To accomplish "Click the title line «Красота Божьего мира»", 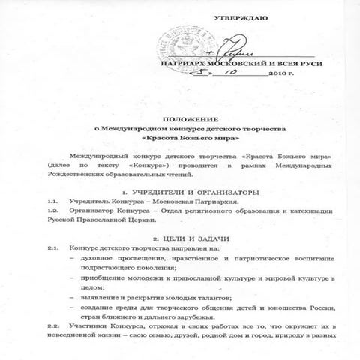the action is click(180, 139).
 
